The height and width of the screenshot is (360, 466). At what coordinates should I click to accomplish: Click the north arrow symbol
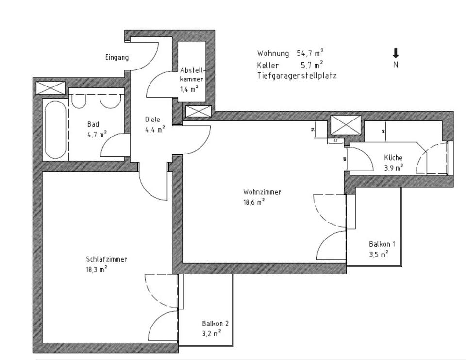396,53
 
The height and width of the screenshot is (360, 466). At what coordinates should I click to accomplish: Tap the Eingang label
117,58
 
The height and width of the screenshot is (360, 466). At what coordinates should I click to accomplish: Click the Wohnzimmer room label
262,192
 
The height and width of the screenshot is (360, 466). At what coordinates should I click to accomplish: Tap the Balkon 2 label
215,323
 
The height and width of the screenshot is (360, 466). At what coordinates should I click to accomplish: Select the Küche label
393,158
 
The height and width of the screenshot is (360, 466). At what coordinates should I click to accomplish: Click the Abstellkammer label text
191,74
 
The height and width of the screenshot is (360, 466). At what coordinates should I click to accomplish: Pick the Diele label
152,120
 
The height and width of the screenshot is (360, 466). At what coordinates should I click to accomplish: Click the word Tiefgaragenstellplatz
297,76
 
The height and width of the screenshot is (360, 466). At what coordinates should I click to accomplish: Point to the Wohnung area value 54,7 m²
311,53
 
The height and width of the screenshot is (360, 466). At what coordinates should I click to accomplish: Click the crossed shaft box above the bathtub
50,88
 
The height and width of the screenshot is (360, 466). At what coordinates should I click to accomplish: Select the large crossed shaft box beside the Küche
345,125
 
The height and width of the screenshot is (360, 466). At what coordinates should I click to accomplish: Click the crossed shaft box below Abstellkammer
198,111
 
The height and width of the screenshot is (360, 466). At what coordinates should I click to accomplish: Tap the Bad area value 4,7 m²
97,135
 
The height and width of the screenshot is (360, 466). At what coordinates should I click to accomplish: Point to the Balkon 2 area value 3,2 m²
212,333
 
